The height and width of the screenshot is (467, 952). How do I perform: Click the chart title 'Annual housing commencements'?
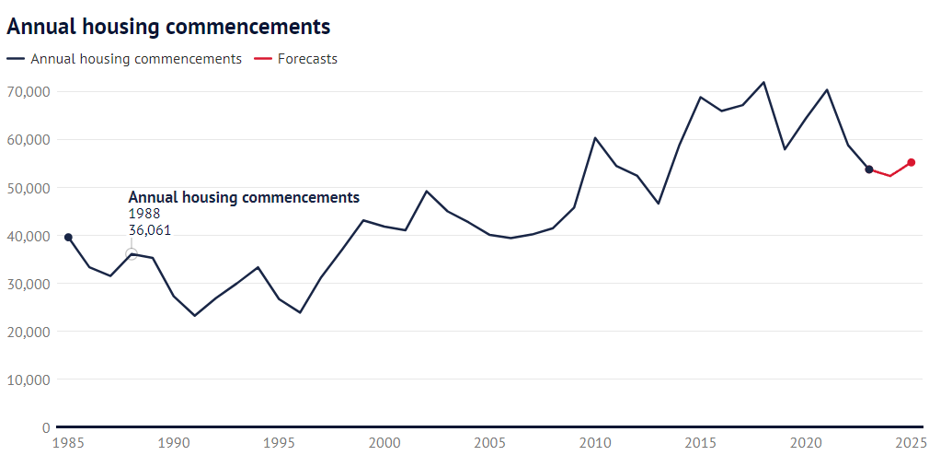[169, 27]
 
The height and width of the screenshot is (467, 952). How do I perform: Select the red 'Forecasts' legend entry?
[295, 59]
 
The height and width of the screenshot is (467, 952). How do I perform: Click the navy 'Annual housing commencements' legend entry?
[124, 59]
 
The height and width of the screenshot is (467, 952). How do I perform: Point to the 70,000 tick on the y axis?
[29, 92]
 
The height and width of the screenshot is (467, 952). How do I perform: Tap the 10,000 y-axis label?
[29, 379]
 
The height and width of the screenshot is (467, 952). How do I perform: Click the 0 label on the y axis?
[46, 427]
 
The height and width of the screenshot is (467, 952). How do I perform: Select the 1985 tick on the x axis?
[69, 442]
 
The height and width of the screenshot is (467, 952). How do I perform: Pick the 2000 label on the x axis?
[384, 442]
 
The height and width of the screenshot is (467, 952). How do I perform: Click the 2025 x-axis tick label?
[912, 442]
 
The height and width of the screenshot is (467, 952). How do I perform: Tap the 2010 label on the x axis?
[595, 442]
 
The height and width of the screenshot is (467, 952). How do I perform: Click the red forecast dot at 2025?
[912, 162]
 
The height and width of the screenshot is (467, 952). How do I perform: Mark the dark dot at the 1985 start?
[69, 237]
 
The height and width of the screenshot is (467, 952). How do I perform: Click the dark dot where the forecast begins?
[869, 169]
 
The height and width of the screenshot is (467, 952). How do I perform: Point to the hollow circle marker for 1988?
[132, 253]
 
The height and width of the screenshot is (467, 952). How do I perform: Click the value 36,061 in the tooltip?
[149, 230]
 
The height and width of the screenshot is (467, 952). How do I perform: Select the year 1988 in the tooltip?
[143, 214]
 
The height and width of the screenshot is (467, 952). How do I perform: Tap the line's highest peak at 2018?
[763, 82]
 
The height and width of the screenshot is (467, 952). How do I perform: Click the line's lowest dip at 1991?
[195, 316]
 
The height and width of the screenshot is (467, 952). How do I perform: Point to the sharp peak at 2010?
[595, 138]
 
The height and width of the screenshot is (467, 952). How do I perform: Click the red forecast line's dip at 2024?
[890, 176]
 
